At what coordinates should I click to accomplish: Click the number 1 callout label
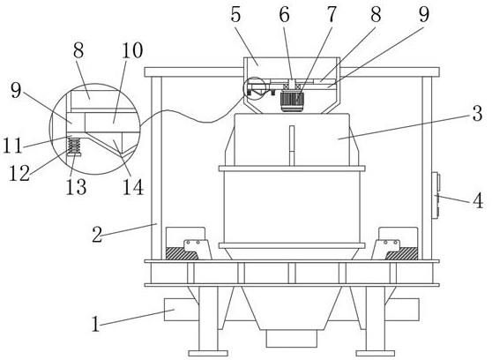[x=96, y=324]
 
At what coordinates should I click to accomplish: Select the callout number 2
[x=97, y=235]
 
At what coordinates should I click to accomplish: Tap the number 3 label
[x=477, y=114]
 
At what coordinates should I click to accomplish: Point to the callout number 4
[x=478, y=200]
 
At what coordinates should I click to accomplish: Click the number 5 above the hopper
[x=235, y=14]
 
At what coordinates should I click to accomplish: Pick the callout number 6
[x=284, y=14]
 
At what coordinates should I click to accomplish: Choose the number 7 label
[x=332, y=14]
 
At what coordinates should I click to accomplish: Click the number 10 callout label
[x=132, y=50]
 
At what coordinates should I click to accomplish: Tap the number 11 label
[x=12, y=146]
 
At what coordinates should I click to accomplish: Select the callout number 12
[x=19, y=173]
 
